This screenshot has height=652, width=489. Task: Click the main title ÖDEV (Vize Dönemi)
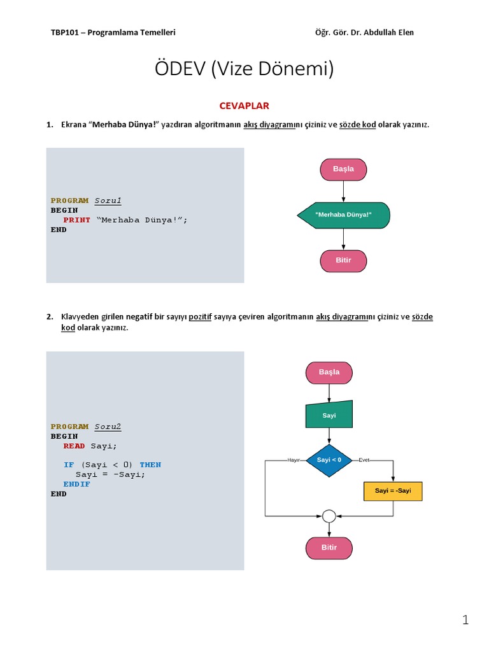(244, 69)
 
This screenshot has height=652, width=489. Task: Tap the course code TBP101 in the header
(64, 32)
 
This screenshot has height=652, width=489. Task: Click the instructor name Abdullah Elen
(389, 32)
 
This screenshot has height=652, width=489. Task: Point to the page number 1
(465, 620)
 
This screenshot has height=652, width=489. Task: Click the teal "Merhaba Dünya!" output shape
(344, 215)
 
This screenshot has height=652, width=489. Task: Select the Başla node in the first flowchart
(343, 169)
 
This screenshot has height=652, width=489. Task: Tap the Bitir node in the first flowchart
(343, 260)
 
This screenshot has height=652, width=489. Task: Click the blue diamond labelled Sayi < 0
(329, 460)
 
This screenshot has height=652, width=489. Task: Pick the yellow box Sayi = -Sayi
(393, 491)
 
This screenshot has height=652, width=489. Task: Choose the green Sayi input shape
(329, 415)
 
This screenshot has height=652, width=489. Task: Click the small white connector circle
(329, 516)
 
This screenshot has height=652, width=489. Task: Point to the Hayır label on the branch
(294, 460)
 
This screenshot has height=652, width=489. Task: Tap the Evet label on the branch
(364, 460)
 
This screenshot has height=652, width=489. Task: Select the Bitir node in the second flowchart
(329, 548)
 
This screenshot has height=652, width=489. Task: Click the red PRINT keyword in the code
(76, 220)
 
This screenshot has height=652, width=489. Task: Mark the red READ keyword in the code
(74, 446)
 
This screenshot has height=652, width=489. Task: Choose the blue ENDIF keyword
(76, 484)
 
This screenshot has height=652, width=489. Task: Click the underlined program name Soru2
(108, 427)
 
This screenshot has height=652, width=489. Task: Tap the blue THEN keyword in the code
(150, 465)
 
